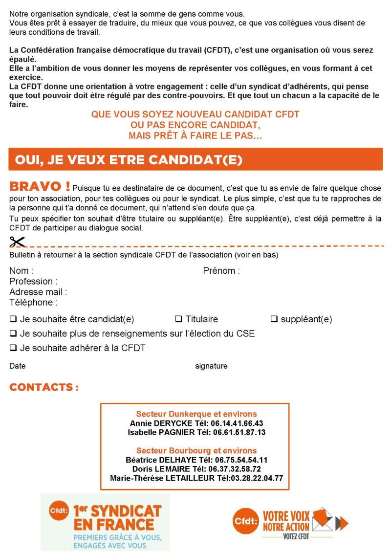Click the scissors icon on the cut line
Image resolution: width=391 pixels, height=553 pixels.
point(17,242)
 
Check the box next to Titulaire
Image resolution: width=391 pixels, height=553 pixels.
point(178,319)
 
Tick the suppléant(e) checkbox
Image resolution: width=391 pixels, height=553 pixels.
point(274,319)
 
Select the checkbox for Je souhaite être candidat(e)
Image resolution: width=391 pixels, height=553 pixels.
point(13,319)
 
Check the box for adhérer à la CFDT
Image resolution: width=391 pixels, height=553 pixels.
point(13,348)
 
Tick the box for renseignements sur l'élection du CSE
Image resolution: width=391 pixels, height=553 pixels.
point(13,334)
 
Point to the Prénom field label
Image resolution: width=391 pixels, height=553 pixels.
point(221,270)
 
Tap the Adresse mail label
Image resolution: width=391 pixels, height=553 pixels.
point(38,292)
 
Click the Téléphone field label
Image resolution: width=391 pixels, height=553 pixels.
point(33,303)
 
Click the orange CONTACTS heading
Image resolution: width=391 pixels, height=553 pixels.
point(44,387)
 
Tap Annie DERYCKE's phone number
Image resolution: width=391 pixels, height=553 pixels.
point(237,423)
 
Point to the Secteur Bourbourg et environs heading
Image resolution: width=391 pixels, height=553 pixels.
point(196,450)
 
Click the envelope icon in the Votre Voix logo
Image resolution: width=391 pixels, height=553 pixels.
point(322,519)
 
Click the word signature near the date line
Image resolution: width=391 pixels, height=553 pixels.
point(211,366)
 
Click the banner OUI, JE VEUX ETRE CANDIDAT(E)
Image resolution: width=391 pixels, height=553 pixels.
point(195,159)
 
